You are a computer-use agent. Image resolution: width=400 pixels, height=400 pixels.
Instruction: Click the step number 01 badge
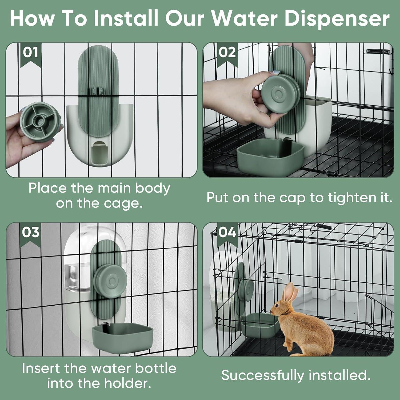pos(30,53)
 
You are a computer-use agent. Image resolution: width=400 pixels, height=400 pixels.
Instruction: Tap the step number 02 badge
pos(227,53)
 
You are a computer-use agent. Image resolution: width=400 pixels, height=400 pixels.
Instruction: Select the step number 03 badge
pos(30,233)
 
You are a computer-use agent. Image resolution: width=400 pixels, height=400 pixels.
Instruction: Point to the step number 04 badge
pos(227,233)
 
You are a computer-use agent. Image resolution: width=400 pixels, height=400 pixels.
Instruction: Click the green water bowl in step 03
pos(123,337)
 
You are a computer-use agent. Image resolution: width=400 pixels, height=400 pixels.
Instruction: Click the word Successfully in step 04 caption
pos(263,375)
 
